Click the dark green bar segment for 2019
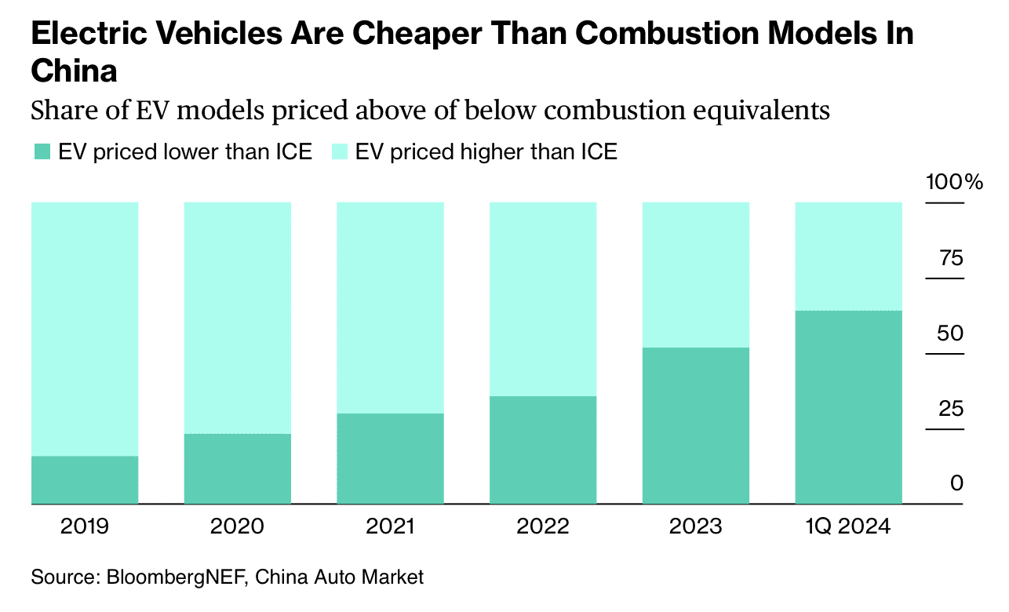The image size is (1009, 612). [x=85, y=479]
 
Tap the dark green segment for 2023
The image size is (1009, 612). [x=695, y=425]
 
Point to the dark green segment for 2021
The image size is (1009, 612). [x=390, y=458]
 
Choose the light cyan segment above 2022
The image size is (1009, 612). [x=542, y=299]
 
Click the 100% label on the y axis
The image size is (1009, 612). [x=954, y=183]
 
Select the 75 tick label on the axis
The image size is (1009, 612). [x=951, y=258]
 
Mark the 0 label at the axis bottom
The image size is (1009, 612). [x=956, y=483]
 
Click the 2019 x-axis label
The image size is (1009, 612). [x=85, y=526]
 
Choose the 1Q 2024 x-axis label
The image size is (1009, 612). [x=848, y=526]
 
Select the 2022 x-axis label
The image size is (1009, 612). [x=542, y=526]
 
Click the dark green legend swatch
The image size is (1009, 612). [x=41, y=152]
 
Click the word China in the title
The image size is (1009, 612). [x=74, y=71]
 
